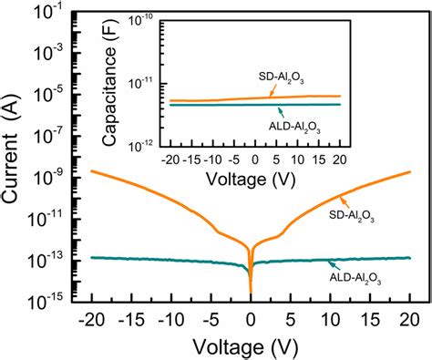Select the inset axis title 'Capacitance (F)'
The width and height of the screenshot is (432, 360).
133,81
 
